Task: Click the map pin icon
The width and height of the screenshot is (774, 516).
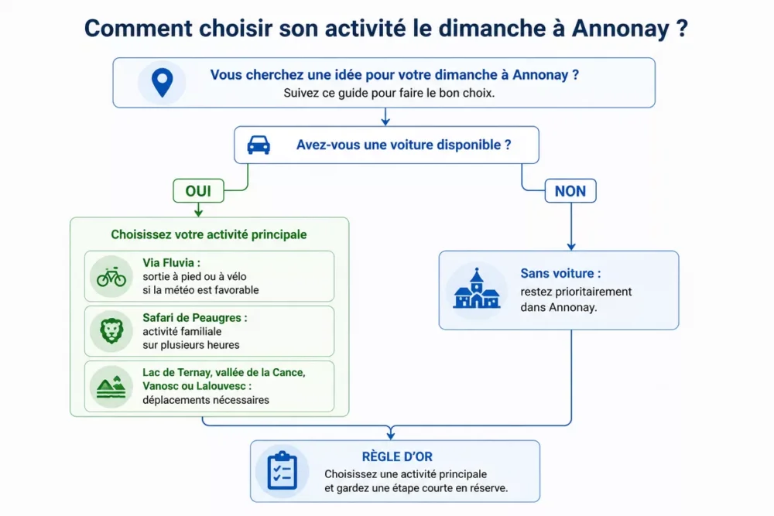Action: (x=162, y=82)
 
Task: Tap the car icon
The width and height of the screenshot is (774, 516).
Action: (x=259, y=145)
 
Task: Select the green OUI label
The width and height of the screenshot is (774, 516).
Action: (x=198, y=191)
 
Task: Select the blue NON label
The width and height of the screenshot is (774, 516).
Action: (x=570, y=191)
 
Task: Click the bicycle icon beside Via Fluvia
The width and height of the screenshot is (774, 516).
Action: (x=111, y=277)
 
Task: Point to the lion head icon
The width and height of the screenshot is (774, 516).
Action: (x=111, y=331)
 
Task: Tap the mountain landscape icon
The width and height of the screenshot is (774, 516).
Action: (x=111, y=387)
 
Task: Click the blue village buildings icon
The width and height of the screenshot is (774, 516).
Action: (x=476, y=289)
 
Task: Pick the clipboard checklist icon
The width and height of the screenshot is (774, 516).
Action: (x=283, y=470)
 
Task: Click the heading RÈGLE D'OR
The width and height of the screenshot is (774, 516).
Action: (x=397, y=456)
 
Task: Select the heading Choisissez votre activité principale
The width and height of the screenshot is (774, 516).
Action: (x=209, y=234)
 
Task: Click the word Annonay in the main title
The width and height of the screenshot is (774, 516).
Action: (x=621, y=28)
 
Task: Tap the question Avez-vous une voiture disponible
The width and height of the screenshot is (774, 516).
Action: (x=403, y=145)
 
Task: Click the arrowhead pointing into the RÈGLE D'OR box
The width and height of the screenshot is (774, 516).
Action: (x=391, y=435)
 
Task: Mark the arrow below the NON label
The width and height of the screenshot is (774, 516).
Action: (x=571, y=227)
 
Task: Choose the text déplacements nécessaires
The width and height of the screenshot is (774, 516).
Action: (x=206, y=400)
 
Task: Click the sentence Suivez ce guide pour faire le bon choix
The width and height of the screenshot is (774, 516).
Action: (x=389, y=94)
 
